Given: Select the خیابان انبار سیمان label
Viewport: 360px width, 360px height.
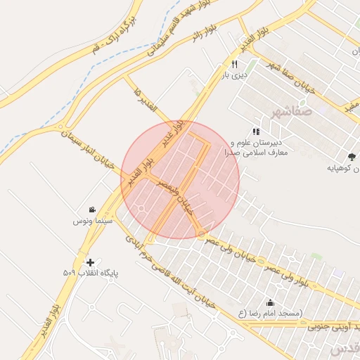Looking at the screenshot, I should (87, 139).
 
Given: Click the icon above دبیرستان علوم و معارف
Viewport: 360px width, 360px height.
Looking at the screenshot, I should (257, 131).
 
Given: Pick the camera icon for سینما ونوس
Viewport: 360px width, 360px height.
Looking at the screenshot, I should (92, 210).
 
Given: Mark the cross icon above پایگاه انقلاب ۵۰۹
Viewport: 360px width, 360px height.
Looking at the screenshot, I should (90, 262).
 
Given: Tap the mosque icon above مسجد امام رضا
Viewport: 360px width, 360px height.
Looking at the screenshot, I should (271, 303).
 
